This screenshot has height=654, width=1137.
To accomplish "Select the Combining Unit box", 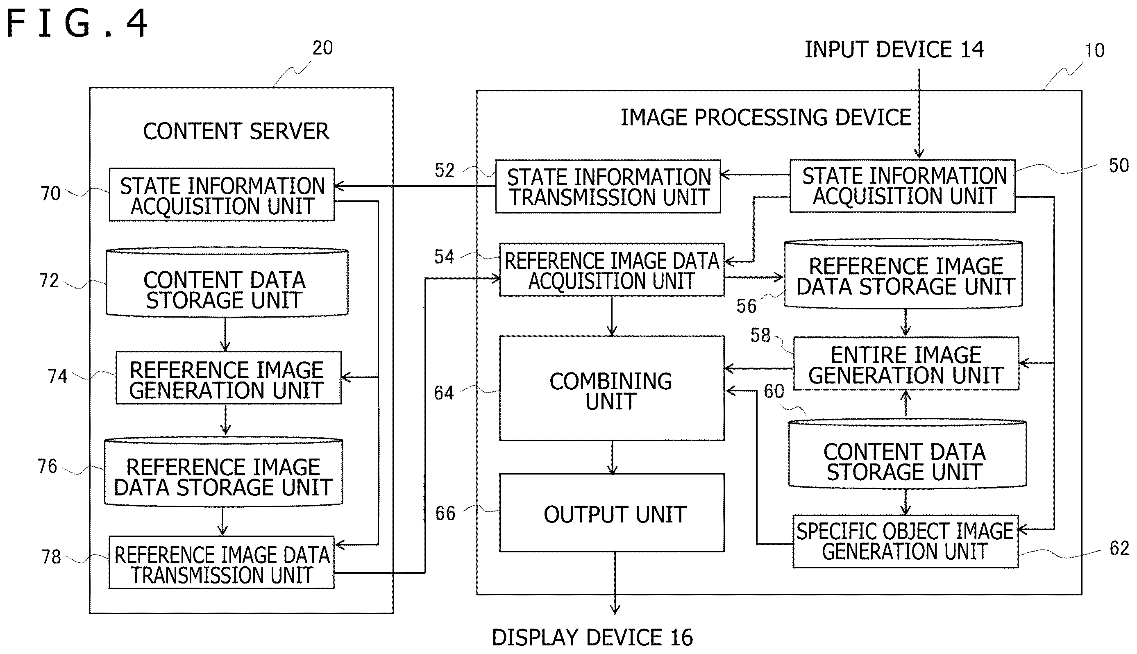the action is coord(612,388).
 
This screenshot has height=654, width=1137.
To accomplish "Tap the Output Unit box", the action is coord(612,513).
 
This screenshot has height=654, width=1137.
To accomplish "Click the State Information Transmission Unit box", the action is coord(608,186).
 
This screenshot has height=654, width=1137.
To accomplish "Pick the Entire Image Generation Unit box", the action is coord(906,363).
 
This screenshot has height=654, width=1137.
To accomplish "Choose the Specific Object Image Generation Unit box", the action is coord(905,542).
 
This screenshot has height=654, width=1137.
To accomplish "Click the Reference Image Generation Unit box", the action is coord(229,378).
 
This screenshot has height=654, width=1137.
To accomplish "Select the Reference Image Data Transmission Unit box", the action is coord(222,562).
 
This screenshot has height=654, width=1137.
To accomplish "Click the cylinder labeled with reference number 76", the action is coord(224,472).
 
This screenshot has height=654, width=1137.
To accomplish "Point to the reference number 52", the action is coord(445,170).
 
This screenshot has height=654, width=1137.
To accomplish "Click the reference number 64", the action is coord(444,393).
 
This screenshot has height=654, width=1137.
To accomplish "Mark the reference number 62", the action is coord(1119,548).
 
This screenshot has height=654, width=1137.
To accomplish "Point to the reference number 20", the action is coord(322,48).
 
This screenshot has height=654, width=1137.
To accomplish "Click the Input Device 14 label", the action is coord(894,50).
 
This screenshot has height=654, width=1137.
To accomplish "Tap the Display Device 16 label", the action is coord(592,637).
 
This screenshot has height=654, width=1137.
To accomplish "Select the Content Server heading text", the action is coord(236,132).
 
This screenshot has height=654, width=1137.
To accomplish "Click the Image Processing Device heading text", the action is coord(766,118).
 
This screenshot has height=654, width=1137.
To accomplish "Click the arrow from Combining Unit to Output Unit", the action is coord(612,457).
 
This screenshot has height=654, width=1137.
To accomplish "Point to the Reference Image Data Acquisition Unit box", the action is coord(612,270).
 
